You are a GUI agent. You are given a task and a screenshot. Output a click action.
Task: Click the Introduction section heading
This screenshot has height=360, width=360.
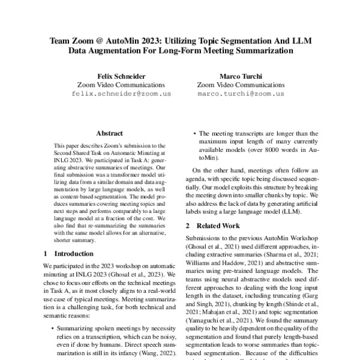(x=73, y=254)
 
